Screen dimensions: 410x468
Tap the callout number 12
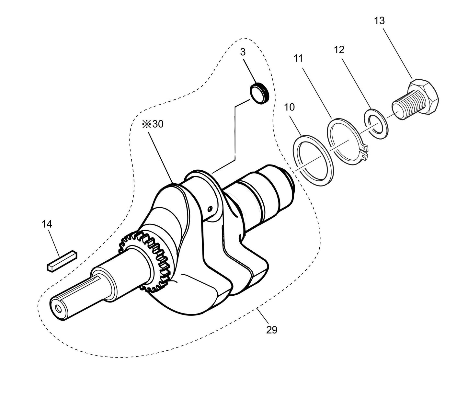[339, 50]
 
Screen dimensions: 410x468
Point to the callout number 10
[290, 107]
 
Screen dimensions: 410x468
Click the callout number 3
[243, 51]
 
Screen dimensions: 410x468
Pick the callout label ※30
[153, 124]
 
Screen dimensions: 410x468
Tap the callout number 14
[47, 224]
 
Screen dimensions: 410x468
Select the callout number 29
[272, 330]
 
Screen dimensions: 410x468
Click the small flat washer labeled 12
[375, 125]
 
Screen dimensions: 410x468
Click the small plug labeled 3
[260, 94]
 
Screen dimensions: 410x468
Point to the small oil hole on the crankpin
[210, 209]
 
